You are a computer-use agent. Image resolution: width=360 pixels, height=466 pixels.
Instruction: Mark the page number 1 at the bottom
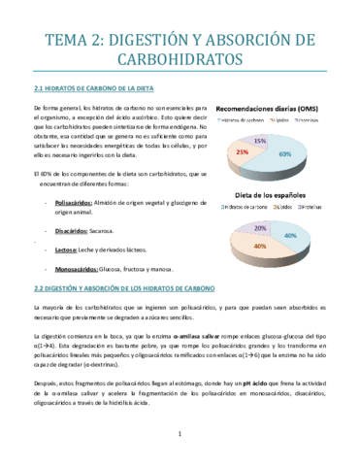(x=180, y=446)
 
